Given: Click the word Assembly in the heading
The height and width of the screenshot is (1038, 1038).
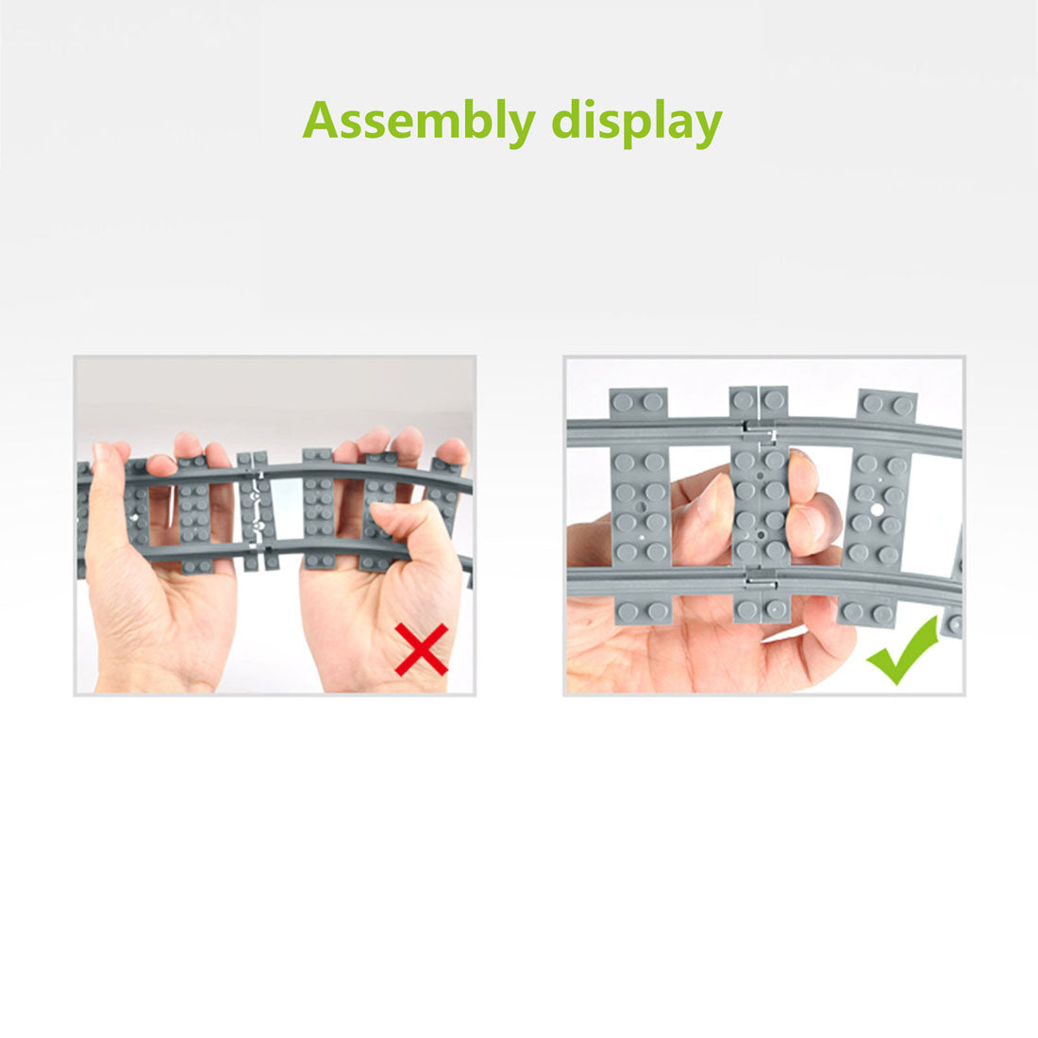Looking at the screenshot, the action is [418, 121].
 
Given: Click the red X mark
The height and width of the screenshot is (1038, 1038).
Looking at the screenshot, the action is [422, 649].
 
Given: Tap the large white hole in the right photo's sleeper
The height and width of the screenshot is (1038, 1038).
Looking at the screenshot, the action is [877, 510].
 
